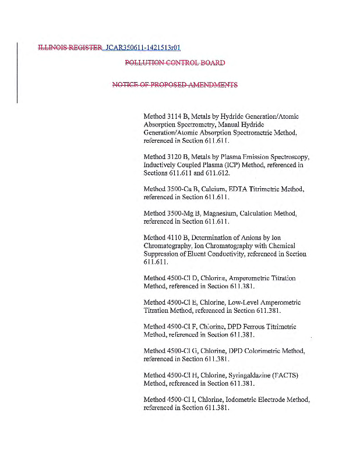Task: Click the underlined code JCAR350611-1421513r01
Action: click(139, 47)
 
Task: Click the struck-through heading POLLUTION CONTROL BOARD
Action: click(175, 63)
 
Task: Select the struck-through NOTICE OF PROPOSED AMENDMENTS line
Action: click(175, 85)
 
